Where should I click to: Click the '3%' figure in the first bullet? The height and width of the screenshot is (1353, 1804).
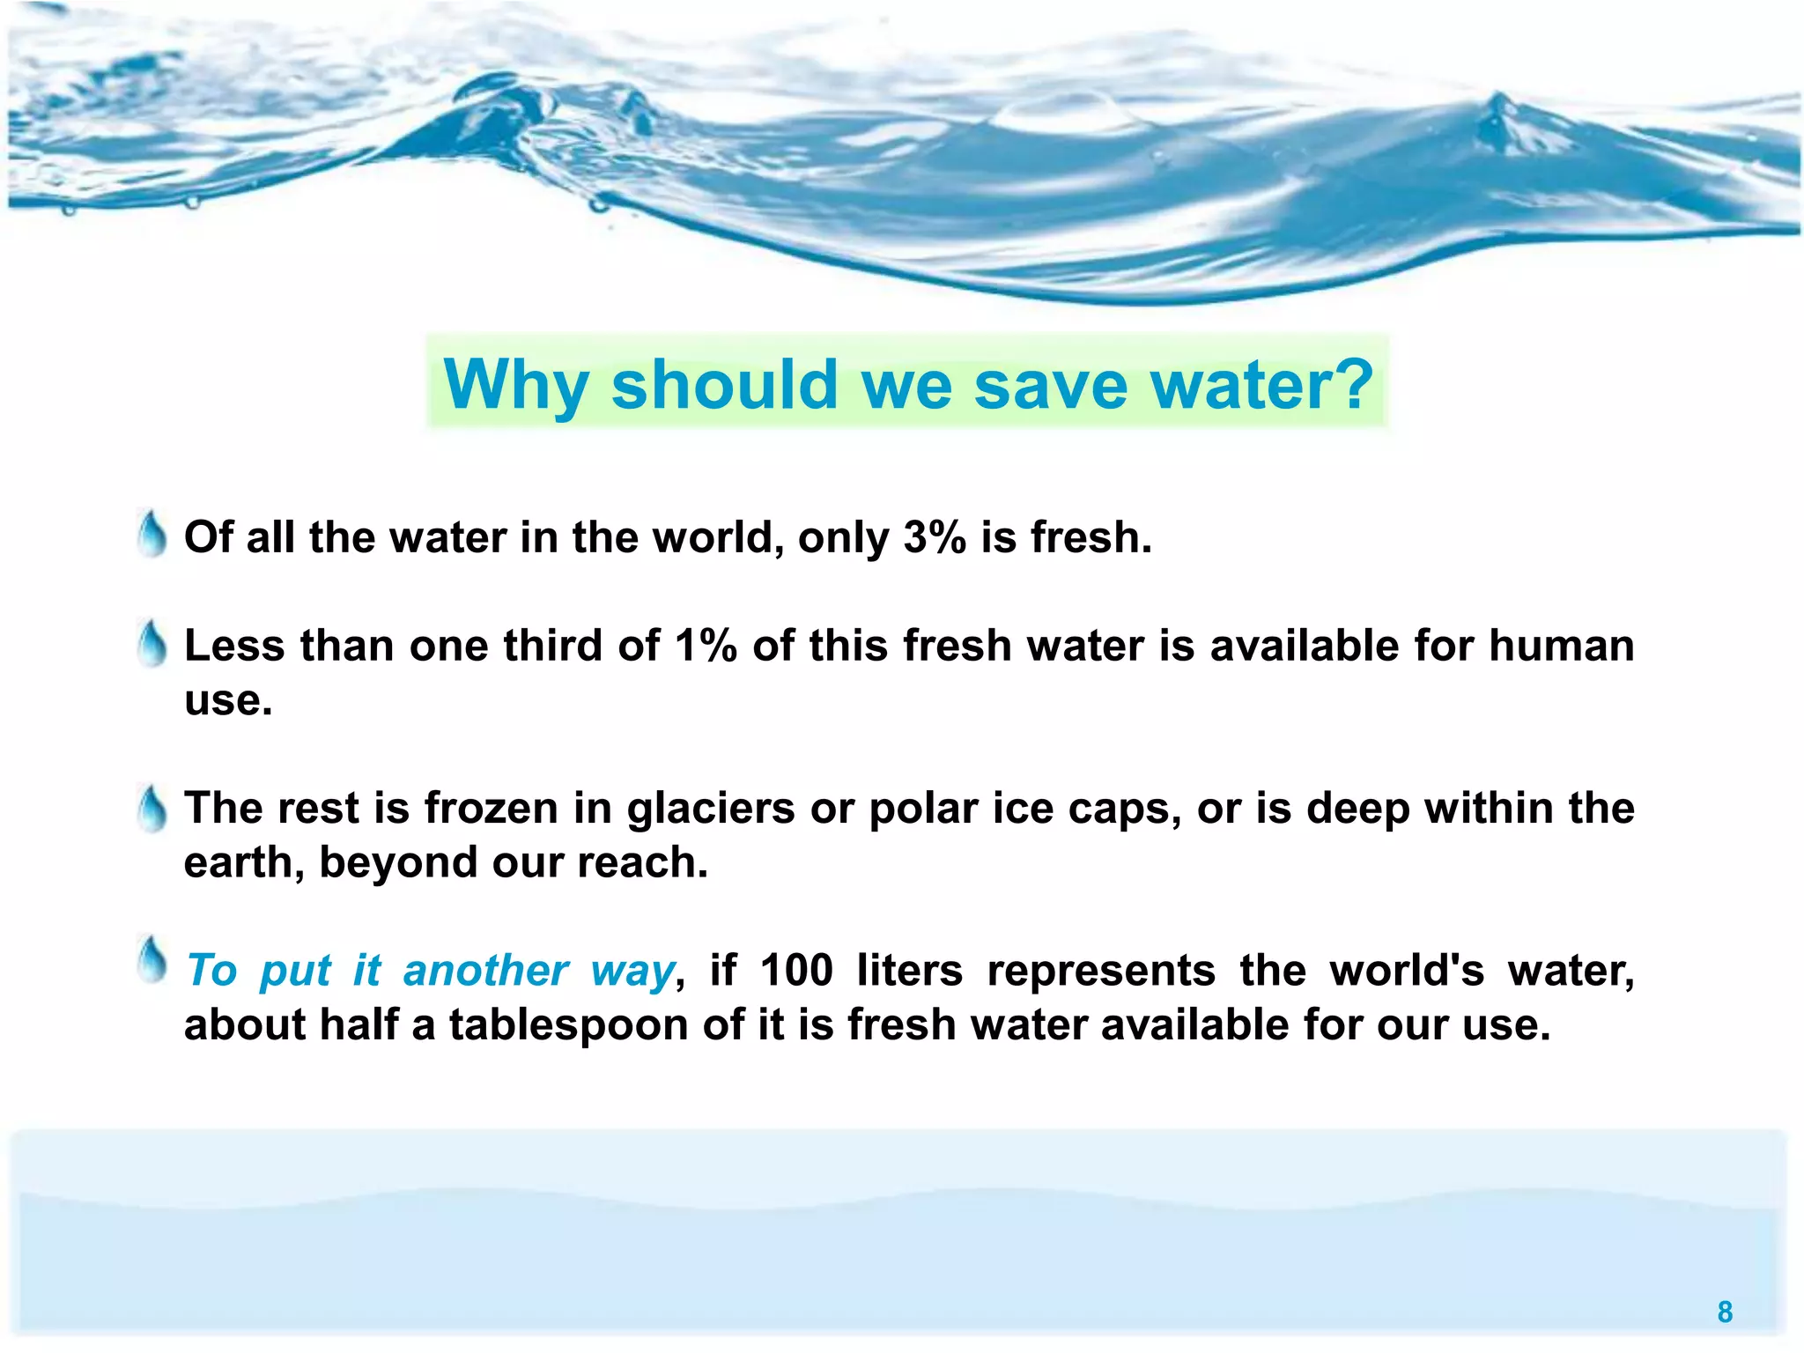[x=935, y=536]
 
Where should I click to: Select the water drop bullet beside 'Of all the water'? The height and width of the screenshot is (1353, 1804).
[x=152, y=535]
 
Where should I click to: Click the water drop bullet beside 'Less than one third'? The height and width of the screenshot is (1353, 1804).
[x=152, y=643]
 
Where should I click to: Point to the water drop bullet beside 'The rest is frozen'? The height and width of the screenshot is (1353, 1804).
[x=152, y=808]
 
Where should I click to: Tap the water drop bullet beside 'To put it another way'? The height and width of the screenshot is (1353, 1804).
[x=152, y=960]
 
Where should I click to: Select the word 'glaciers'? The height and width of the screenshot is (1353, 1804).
[x=711, y=809]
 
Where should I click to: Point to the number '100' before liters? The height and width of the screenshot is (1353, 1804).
[x=796, y=970]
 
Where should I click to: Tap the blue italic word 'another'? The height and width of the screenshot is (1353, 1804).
[x=485, y=971]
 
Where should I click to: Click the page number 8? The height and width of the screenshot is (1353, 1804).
[x=1725, y=1312]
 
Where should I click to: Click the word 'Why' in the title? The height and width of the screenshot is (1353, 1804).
[x=516, y=385]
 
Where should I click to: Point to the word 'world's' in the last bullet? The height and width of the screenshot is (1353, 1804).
[x=1407, y=970]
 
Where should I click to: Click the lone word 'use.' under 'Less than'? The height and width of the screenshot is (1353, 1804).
[x=228, y=699]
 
